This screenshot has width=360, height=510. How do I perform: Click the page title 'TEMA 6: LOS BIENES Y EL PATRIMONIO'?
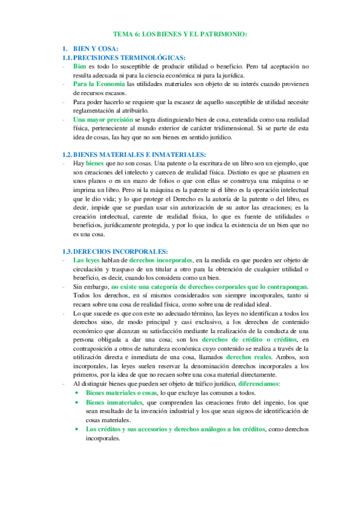coord(180,35)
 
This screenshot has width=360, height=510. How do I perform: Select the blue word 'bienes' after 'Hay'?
coord(96,164)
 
